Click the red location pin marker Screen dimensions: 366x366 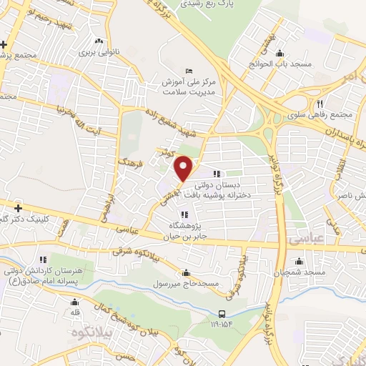click(184, 168)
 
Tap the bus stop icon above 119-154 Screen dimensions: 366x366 click(222, 313)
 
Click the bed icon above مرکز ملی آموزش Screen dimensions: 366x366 click(188, 71)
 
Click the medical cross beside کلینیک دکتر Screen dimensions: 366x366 click(18, 208)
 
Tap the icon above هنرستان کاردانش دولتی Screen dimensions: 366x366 click(43, 259)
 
